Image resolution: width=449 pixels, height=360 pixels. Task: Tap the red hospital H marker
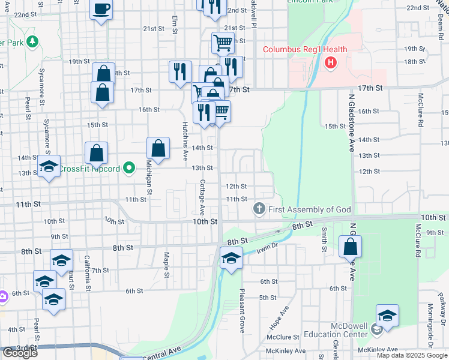(330, 62)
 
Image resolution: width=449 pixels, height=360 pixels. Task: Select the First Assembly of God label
(309, 209)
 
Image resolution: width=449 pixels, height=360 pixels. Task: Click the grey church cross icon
(259, 209)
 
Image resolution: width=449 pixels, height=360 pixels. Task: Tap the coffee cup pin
(101, 10)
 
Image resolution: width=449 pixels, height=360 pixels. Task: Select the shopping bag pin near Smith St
(350, 247)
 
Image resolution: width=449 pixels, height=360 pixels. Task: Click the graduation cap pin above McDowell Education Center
(387, 316)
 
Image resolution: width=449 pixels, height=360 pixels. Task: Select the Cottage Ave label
(202, 197)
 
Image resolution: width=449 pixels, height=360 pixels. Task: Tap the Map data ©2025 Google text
(411, 355)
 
